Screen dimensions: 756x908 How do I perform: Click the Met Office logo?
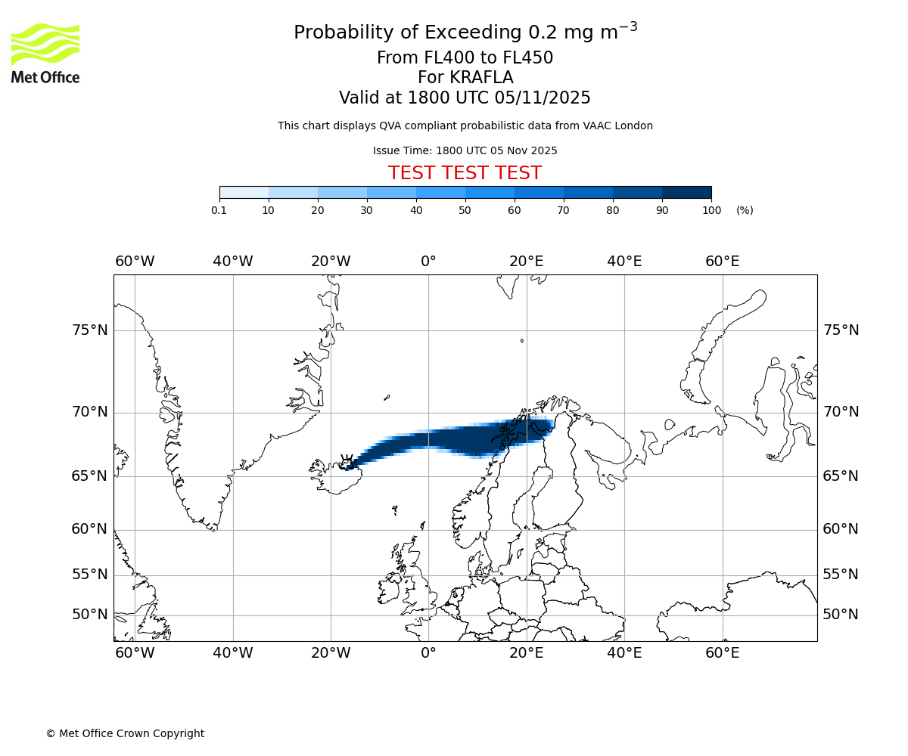(45, 53)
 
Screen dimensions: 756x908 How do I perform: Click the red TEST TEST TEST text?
(465, 173)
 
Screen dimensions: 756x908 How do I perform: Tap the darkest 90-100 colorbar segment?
(686, 193)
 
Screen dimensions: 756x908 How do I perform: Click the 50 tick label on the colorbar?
(465, 210)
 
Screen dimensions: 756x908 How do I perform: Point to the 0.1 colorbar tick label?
(219, 210)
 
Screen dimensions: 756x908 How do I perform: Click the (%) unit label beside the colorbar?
(745, 210)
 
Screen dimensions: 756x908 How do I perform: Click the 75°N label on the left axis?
(89, 330)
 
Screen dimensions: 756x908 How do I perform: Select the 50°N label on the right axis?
(841, 615)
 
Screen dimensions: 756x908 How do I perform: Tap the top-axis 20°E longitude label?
(526, 262)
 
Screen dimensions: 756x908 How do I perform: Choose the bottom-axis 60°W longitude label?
(135, 653)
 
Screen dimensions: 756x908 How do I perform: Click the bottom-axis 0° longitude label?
(428, 653)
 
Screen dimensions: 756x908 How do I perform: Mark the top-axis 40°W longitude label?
(232, 262)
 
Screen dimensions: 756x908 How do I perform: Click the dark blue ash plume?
(454, 438)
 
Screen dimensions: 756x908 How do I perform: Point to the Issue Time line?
(465, 150)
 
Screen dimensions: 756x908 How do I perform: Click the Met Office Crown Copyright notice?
(125, 733)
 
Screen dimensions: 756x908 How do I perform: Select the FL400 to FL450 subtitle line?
(465, 58)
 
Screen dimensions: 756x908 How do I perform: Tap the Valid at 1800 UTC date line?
(465, 98)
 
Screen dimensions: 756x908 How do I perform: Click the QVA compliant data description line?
(465, 125)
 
